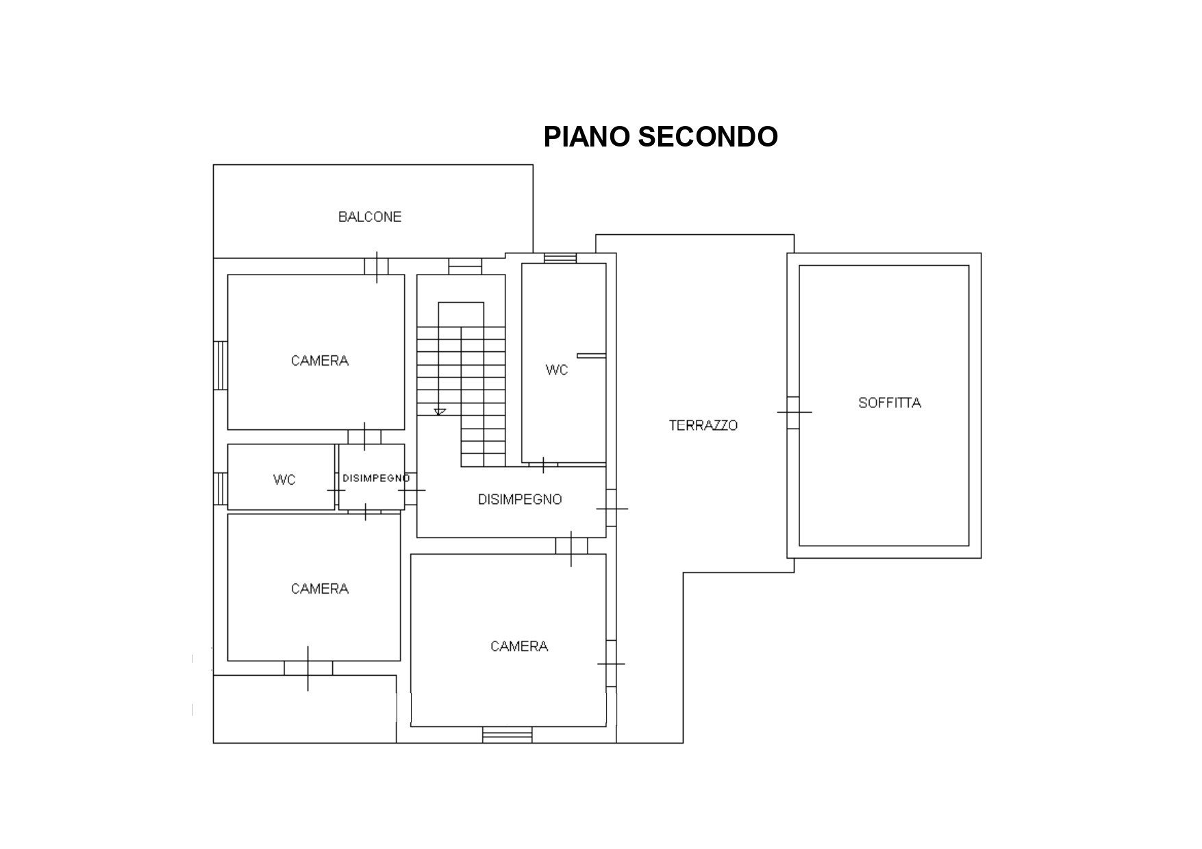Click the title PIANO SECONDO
pos(660,136)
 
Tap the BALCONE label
pos(370,217)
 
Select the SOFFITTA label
pos(890,403)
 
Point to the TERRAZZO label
pos(703,425)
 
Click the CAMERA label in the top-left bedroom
pos(320,360)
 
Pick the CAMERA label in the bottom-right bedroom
pos(519,646)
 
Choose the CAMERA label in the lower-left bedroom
pos(320,588)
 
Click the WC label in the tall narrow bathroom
pos(557,370)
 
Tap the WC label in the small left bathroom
pos(284,480)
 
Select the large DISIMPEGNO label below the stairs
pos(520,499)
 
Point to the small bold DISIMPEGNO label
pos(376,478)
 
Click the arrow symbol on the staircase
pos(440,411)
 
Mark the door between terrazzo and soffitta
pos(793,412)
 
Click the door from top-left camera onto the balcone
pos(377,266)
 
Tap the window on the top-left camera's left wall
pos(220,366)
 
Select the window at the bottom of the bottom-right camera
pos(508,735)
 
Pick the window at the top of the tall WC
pos(560,258)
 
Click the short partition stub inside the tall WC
pos(592,355)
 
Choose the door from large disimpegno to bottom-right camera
pos(571,546)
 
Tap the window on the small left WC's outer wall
pos(220,488)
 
